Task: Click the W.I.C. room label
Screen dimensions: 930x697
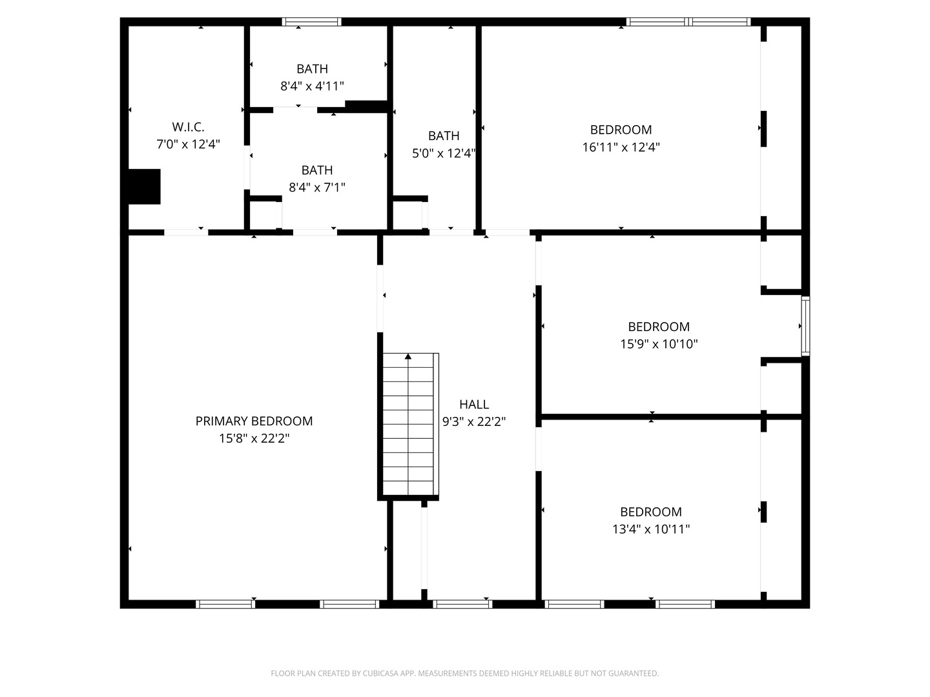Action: (x=188, y=126)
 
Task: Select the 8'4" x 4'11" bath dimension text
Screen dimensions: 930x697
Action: (x=312, y=86)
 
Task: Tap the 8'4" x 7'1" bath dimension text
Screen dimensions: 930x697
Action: (x=317, y=187)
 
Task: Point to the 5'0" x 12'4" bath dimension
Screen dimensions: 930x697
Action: (x=444, y=153)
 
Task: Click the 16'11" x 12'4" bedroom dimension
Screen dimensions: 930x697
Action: (x=621, y=147)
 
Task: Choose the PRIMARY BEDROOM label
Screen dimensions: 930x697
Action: (x=254, y=421)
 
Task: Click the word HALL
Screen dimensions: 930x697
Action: (x=474, y=405)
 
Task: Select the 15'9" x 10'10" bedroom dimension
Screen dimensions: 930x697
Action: (x=659, y=344)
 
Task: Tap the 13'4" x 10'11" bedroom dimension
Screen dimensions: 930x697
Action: (x=651, y=529)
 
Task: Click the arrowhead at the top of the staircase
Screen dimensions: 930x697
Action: (x=408, y=356)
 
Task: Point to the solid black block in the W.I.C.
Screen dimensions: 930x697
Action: (x=144, y=187)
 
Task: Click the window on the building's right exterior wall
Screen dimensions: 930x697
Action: (x=805, y=326)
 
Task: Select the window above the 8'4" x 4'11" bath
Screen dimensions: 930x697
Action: (x=311, y=22)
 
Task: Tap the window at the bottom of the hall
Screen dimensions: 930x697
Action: (x=462, y=604)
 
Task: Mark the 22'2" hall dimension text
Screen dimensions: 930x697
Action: (x=491, y=422)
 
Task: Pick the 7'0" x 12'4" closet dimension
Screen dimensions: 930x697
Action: (x=188, y=145)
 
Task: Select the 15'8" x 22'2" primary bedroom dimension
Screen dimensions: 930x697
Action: (x=254, y=438)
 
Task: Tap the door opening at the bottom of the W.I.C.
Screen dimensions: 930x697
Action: (x=186, y=232)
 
